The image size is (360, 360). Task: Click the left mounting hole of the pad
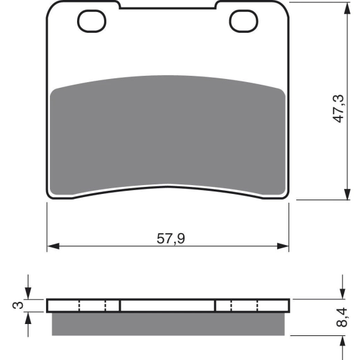pos(92,21)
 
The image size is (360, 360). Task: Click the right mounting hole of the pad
pos(244,21)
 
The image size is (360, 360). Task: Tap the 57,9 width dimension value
pos(171,239)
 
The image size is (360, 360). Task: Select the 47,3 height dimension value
pos(339,109)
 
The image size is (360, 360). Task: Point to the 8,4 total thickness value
pos(342,317)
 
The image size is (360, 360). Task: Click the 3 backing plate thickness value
pos(18,305)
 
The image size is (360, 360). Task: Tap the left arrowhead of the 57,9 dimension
pos(53,246)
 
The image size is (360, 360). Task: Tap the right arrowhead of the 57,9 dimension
pos(282,246)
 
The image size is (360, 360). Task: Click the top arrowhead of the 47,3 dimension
pos(347,8)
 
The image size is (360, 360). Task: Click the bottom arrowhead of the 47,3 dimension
pos(347,194)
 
